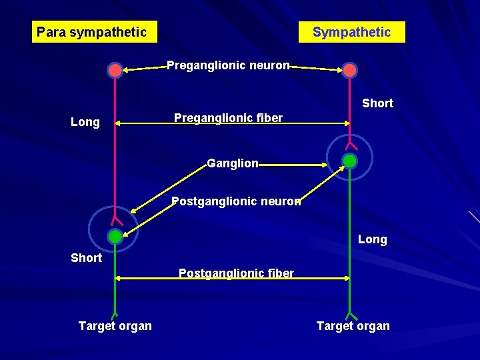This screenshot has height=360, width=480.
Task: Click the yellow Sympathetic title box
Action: (x=351, y=32)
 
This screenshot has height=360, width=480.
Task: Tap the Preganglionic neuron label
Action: (x=228, y=65)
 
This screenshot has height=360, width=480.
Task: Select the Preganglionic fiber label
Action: (x=228, y=118)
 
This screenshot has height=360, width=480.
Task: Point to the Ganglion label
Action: (x=233, y=163)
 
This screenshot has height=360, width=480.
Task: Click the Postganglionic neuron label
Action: (x=236, y=201)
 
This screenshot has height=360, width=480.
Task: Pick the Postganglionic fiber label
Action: (x=236, y=273)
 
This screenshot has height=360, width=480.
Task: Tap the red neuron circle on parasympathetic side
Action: (x=115, y=70)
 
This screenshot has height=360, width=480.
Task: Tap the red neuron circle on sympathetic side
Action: (x=349, y=70)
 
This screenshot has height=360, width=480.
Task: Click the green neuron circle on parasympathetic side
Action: (x=115, y=236)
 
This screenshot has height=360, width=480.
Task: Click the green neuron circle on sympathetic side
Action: (x=349, y=161)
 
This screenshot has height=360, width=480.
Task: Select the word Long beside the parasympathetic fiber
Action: (x=85, y=122)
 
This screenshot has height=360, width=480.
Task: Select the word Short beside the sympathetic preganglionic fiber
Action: (x=377, y=103)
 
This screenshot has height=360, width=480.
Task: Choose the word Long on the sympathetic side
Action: (x=372, y=239)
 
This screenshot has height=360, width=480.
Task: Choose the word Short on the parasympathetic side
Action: (x=86, y=258)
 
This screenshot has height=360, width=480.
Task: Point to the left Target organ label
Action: (x=115, y=326)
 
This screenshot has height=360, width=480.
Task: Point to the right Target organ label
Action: (x=353, y=326)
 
